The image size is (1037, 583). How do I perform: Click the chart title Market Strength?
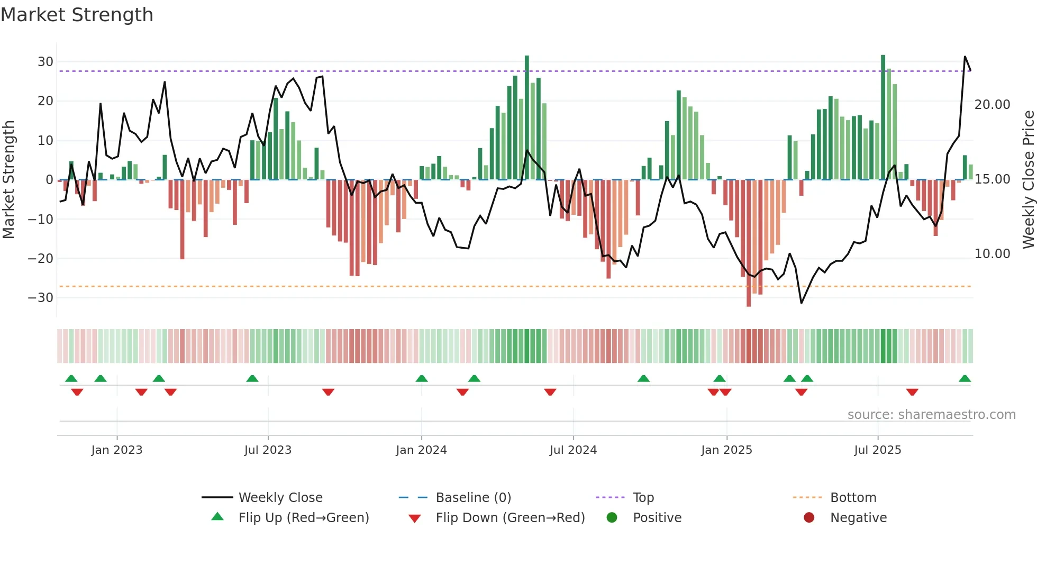77,15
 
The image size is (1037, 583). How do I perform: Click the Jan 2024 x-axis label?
421,450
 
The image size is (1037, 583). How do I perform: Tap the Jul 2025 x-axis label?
877,450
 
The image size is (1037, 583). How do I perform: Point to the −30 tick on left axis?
41,298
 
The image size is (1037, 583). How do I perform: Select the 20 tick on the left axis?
45,101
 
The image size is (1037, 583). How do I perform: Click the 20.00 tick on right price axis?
992,105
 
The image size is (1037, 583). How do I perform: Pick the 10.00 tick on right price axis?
992,254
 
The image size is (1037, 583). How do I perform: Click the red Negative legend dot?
809,517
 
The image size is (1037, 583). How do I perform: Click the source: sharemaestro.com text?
931,415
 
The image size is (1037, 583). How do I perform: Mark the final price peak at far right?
965,57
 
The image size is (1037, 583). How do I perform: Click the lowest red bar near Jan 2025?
749,305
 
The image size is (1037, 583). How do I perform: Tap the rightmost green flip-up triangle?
965,378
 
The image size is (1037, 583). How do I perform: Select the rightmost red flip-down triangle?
912,392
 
